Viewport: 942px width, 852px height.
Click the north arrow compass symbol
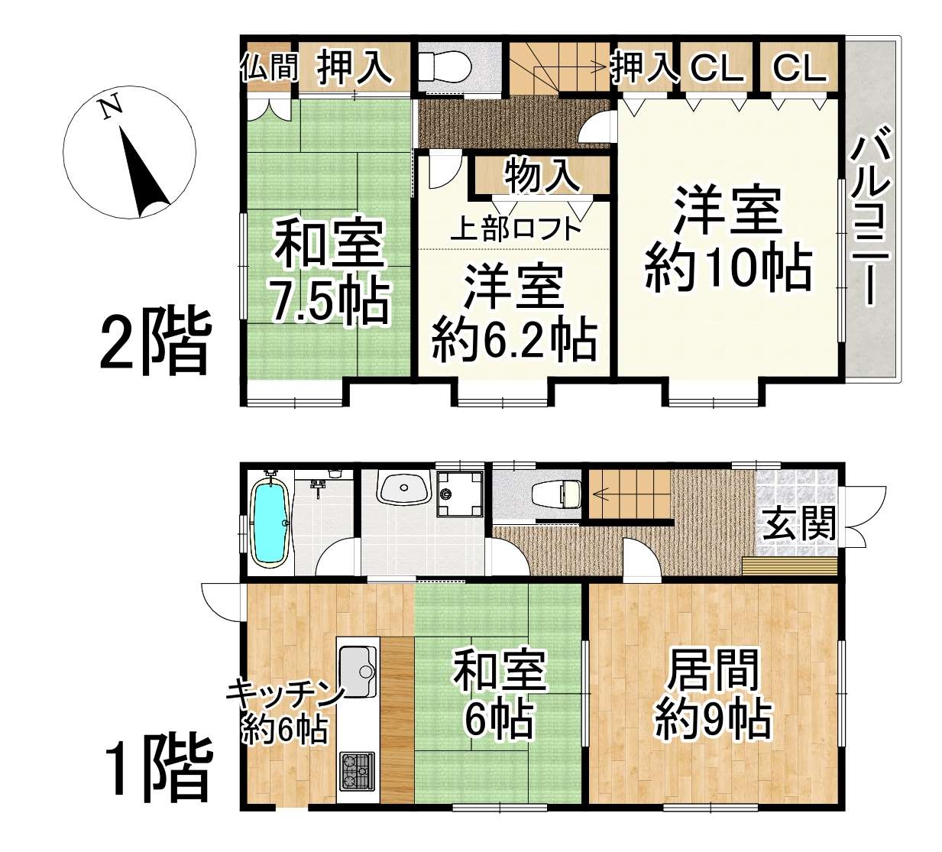[x=129, y=152]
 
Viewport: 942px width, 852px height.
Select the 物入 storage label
[x=542, y=176]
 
